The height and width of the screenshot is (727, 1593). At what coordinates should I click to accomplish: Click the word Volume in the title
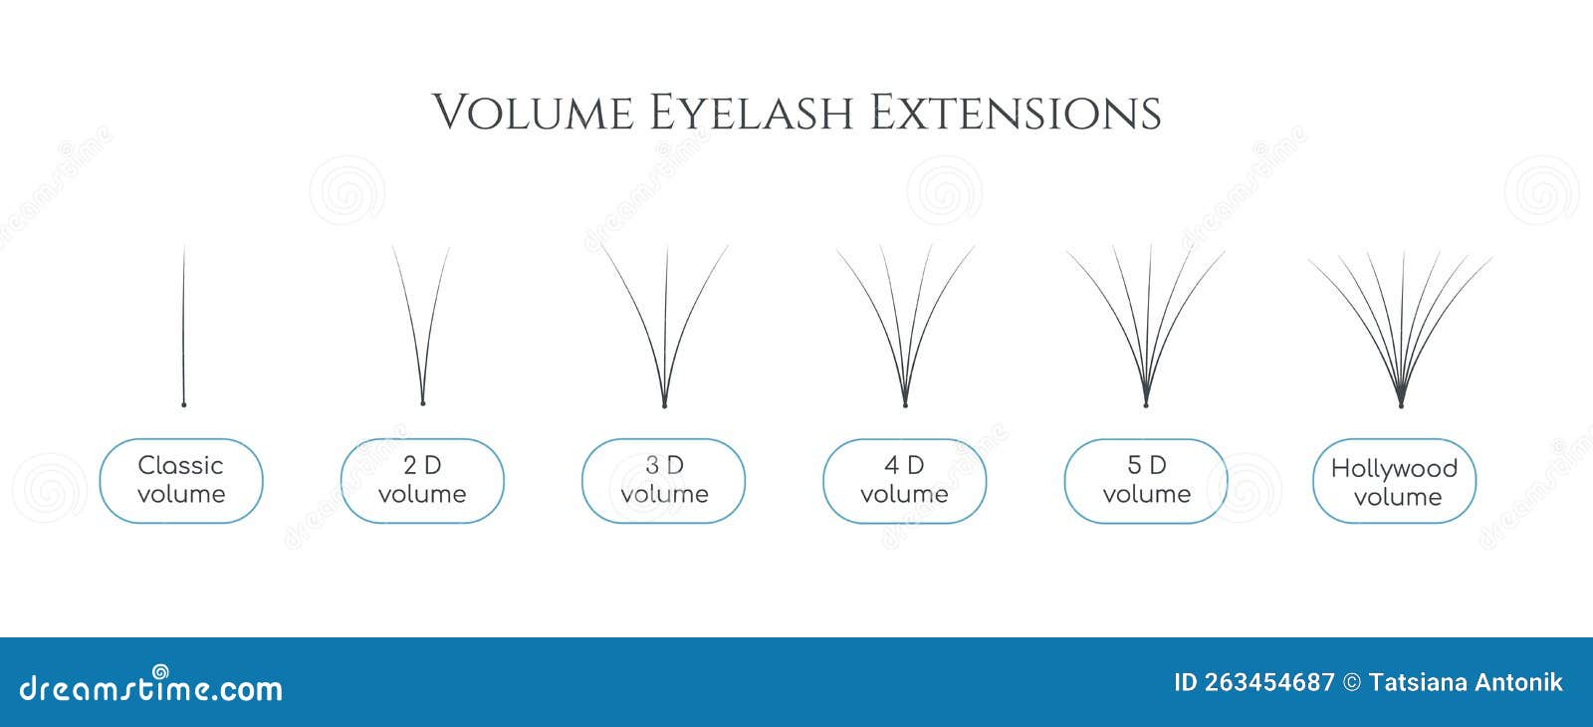click(533, 112)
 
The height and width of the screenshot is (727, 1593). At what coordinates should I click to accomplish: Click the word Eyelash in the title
click(751, 112)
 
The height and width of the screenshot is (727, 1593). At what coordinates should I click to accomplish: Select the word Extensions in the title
click(1016, 112)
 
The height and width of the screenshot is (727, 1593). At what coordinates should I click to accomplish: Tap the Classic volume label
click(181, 480)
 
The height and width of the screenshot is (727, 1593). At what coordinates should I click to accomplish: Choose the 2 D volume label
click(422, 480)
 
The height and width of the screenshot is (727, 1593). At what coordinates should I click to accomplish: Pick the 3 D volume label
click(664, 480)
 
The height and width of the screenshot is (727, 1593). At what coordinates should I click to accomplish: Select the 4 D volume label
click(904, 480)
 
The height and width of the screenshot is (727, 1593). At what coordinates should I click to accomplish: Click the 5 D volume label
click(1146, 480)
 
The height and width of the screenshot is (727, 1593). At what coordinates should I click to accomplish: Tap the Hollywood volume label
click(1394, 482)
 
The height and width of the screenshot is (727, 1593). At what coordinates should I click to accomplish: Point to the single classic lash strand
click(184, 319)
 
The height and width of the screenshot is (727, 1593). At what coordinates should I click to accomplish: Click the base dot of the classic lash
click(183, 403)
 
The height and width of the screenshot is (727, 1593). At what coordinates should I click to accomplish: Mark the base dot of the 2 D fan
click(423, 402)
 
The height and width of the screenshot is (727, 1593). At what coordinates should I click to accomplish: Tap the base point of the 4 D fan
click(905, 403)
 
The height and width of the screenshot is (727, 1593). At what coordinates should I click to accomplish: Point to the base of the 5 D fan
click(1146, 403)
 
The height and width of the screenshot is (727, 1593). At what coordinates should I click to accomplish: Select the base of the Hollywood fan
click(1401, 403)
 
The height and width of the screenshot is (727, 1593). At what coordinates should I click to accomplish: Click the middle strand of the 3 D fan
click(665, 319)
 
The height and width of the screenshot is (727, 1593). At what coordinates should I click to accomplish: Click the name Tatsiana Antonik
click(1466, 682)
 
